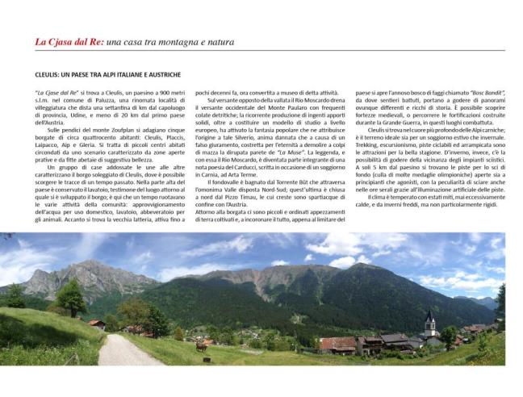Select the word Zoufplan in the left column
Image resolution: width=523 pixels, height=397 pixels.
click(x=115, y=129)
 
